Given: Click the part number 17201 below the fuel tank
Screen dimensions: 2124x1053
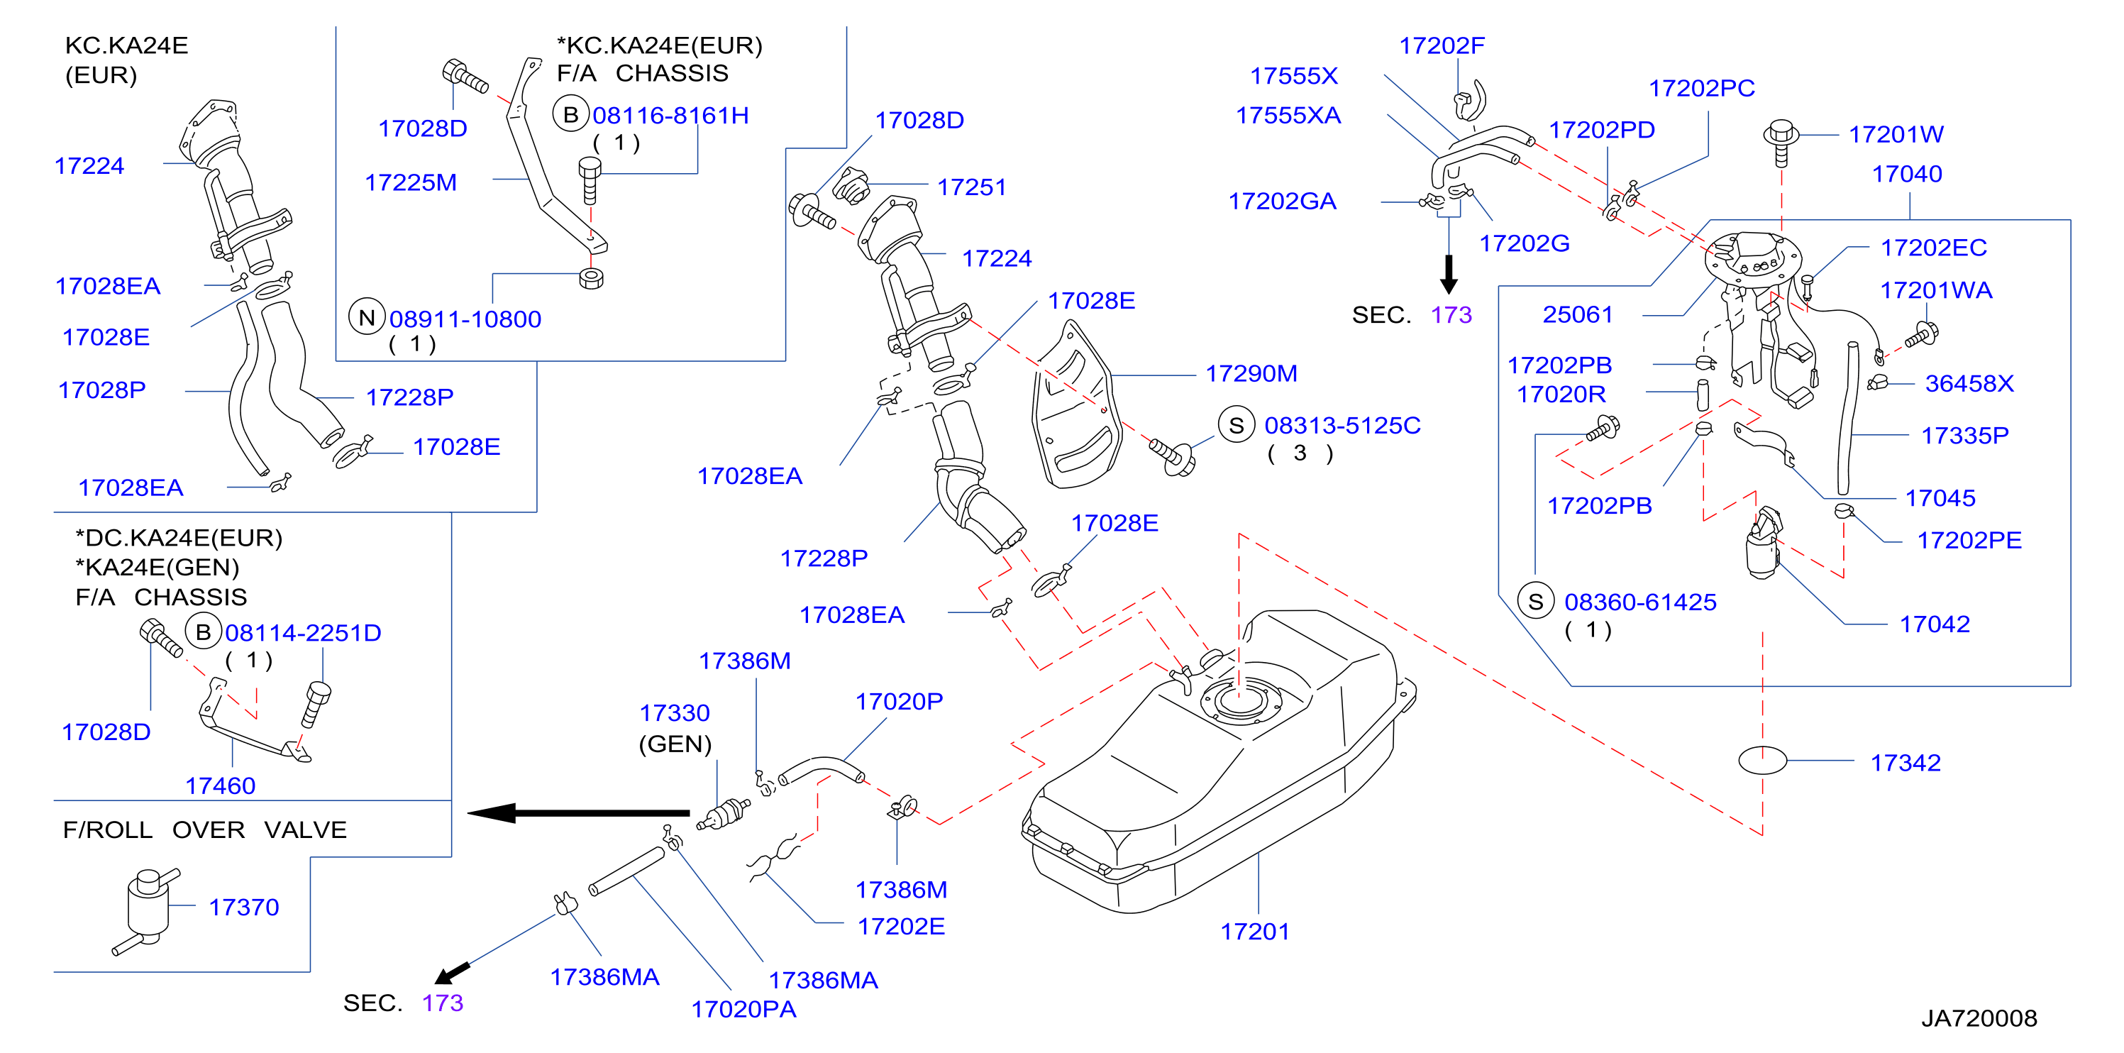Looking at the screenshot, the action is click(1254, 931).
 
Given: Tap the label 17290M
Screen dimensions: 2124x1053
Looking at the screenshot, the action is click(1251, 373).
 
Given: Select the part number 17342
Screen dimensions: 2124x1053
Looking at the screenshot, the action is click(1905, 763).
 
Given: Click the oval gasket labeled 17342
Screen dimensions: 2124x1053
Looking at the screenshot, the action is click(1762, 760).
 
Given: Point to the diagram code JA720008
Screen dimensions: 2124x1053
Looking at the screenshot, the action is click(1979, 1018).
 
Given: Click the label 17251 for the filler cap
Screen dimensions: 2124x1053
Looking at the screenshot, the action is click(971, 187).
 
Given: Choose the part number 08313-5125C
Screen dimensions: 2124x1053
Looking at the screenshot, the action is click(1342, 426).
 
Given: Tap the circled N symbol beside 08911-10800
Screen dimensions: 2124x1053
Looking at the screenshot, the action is click(367, 317).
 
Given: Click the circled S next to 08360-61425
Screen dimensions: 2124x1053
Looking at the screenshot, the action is click(1535, 601).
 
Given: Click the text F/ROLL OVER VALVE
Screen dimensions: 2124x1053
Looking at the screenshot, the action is click(204, 829).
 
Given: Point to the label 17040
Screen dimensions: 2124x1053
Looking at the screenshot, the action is click(1906, 174).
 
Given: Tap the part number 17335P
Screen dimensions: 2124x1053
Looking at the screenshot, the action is click(1965, 436).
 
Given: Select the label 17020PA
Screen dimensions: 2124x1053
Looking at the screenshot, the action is click(743, 1009).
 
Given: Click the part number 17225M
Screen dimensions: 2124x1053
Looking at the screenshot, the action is click(411, 182).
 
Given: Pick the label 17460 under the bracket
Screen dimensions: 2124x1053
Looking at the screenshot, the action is click(220, 785).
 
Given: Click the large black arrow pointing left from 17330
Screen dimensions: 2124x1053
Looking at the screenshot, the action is click(578, 813).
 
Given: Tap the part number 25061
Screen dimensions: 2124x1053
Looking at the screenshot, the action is click(1577, 314).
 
